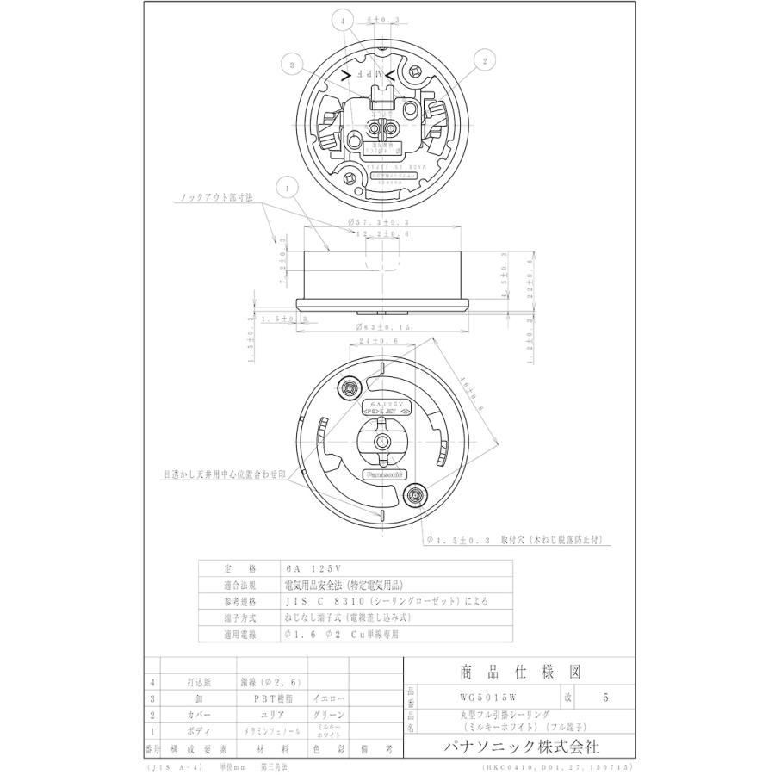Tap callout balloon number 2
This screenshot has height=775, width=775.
pyautogui.click(x=485, y=60)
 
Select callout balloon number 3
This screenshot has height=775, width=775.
pyautogui.click(x=292, y=65)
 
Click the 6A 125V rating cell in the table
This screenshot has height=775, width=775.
pyautogui.click(x=313, y=568)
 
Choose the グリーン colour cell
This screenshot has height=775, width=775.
pyautogui.click(x=327, y=716)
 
